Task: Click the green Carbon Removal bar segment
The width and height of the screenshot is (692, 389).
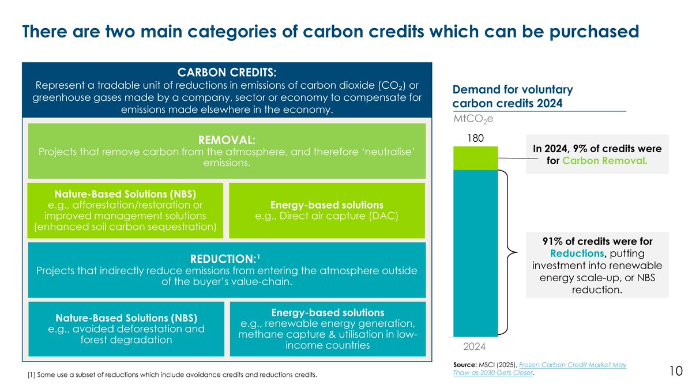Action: coord(476,158)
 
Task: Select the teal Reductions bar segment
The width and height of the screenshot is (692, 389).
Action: coord(476,254)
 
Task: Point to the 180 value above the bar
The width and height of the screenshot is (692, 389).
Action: coord(476,138)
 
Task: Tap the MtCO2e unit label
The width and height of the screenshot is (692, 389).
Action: coord(473,119)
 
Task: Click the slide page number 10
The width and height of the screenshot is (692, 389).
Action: coord(676,371)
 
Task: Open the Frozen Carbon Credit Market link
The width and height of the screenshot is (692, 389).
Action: coord(568,365)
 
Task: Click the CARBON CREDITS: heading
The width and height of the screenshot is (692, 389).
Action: coord(227,73)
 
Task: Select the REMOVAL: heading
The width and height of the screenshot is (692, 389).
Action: coord(227,140)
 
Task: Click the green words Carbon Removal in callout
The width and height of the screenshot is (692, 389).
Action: coord(605,160)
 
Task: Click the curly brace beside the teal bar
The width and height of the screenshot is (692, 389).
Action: coord(508,254)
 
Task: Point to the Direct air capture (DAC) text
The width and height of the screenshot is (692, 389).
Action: coord(327,216)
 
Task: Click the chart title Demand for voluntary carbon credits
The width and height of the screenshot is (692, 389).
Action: coord(513,97)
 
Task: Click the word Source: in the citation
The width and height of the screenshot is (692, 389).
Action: coord(465,365)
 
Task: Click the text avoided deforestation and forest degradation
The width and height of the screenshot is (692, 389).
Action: coord(126,334)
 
